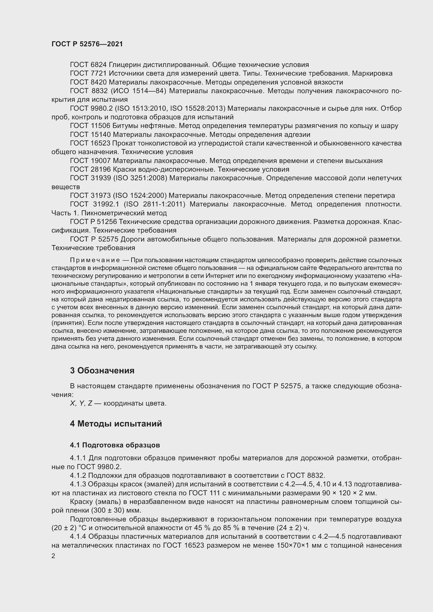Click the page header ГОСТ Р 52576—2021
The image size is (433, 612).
click(87, 44)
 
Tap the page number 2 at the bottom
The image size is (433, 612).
click(53, 556)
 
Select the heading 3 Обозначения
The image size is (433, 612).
click(102, 370)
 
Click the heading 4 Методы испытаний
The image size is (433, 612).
click(116, 424)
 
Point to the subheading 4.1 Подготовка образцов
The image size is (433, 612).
click(115, 445)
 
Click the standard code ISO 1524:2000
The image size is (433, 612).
click(140, 196)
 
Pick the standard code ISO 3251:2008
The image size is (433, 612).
click(140, 178)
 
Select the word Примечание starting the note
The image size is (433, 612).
click(95, 260)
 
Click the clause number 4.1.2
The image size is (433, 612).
click(78, 475)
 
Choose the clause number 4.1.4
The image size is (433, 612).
click(78, 536)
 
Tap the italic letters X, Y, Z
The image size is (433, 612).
click(81, 403)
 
